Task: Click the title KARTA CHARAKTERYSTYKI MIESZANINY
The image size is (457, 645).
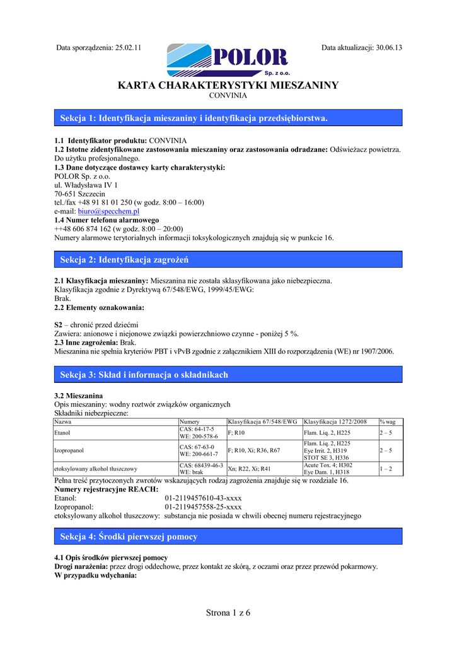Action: click(x=228, y=85)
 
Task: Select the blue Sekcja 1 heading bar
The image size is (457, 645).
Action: click(x=228, y=118)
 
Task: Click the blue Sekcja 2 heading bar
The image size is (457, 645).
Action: click(x=228, y=260)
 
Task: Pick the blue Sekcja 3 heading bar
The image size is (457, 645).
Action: click(x=228, y=375)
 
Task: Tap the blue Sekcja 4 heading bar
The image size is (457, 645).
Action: click(x=228, y=537)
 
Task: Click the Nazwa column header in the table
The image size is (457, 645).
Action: click(x=63, y=421)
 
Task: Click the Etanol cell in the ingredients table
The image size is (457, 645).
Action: click(x=63, y=433)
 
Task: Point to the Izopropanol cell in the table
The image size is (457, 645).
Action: click(x=69, y=450)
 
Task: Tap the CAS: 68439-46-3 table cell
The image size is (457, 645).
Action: click(x=201, y=465)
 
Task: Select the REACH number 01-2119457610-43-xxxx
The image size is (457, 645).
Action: click(x=203, y=498)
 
